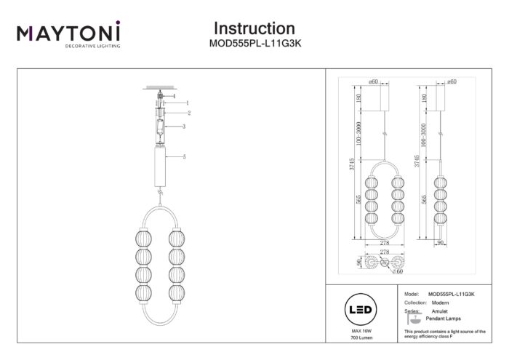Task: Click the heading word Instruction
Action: [254, 28]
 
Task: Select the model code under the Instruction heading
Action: [254, 44]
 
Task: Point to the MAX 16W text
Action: [362, 332]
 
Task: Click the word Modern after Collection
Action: [440, 302]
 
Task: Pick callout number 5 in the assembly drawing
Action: [185, 157]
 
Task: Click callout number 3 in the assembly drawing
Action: [185, 127]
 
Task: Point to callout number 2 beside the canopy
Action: [188, 113]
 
